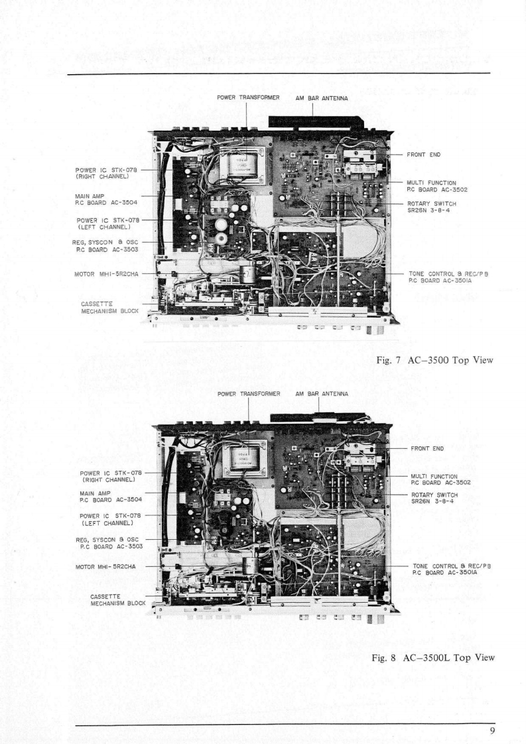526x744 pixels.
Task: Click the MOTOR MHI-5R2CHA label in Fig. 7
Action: point(104,272)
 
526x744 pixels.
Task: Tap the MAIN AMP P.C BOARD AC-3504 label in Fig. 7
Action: point(105,200)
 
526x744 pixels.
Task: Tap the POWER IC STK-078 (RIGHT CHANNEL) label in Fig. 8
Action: point(108,476)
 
